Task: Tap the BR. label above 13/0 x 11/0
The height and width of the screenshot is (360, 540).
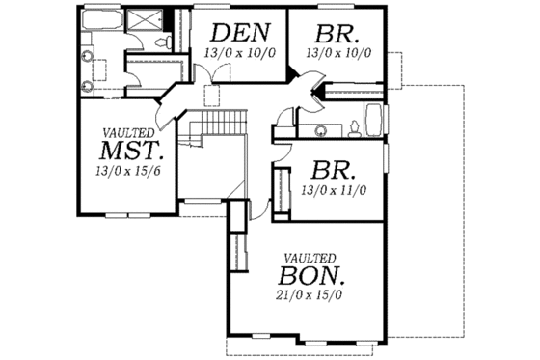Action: [336, 173]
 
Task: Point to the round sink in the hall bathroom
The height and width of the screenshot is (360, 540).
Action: [319, 126]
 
